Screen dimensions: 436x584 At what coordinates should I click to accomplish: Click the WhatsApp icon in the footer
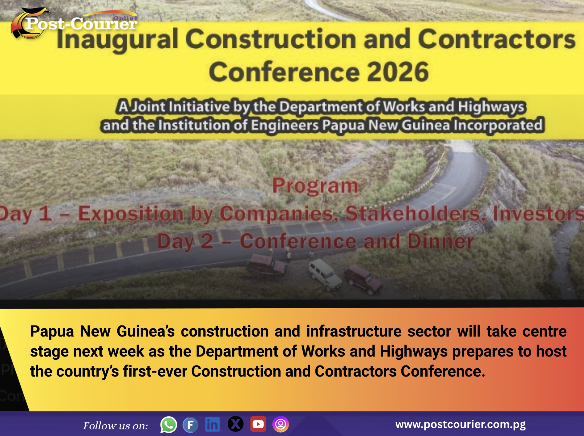(x=168, y=425)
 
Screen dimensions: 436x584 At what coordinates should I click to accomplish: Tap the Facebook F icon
(x=190, y=425)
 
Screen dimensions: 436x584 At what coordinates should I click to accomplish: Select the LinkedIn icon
(x=213, y=425)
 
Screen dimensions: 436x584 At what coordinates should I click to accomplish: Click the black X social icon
(x=236, y=424)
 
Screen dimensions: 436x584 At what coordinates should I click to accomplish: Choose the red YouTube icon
(x=258, y=424)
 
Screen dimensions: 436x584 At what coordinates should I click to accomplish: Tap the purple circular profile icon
(x=280, y=424)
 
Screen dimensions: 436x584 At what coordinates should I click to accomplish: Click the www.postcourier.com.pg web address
(x=460, y=424)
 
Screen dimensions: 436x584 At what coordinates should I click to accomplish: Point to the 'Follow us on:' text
(x=116, y=426)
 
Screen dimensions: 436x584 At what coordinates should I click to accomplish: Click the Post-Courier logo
(x=74, y=23)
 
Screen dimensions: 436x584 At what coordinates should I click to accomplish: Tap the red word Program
(x=315, y=186)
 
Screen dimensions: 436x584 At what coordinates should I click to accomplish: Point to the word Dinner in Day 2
(x=441, y=241)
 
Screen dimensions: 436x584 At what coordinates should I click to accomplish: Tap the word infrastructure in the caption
(x=354, y=332)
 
